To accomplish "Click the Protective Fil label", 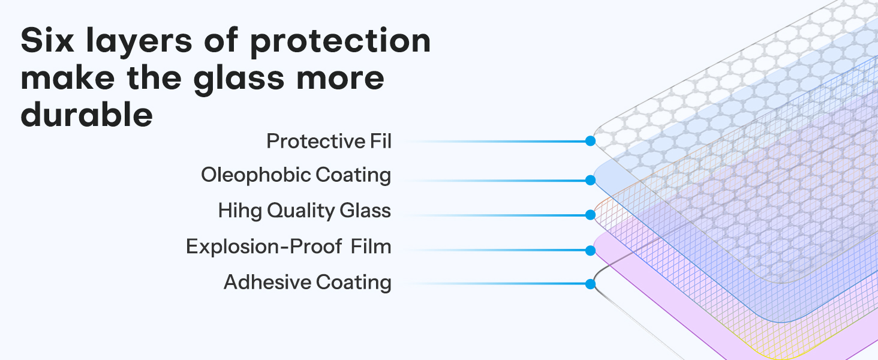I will [329, 141].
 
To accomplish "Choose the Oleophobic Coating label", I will [296, 175].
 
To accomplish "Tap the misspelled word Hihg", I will [240, 211].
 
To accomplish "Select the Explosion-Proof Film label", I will [288, 246].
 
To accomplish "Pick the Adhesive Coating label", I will [307, 281].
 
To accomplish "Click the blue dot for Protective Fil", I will [590, 141].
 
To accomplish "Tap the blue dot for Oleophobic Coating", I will [590, 179].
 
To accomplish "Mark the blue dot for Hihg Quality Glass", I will [590, 214].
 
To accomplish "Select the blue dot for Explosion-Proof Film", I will [590, 249].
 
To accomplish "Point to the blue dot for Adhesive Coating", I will [590, 284].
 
